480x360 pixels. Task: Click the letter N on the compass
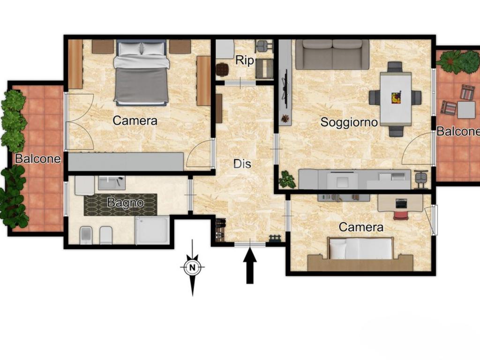point(192,268)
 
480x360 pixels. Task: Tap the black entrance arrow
point(250,266)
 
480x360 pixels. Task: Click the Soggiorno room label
point(349,122)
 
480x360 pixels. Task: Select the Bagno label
point(126,202)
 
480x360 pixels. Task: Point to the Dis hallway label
point(242,164)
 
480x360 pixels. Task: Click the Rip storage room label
point(245,61)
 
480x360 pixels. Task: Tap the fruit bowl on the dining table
point(396,98)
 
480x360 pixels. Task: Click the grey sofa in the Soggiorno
point(332,54)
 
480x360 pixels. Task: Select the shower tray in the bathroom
point(152,230)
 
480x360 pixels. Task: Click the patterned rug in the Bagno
point(120,204)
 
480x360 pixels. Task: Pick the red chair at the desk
point(401,214)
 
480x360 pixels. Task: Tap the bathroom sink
point(112,183)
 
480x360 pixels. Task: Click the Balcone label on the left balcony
point(38,158)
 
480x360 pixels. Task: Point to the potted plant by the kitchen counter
point(288,179)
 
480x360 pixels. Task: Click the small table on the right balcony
point(466,110)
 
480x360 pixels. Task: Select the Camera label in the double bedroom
point(135,120)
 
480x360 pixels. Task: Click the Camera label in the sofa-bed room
point(361,227)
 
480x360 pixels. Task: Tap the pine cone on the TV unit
point(285,119)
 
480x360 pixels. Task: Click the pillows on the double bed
point(141,49)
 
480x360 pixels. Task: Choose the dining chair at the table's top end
point(395,67)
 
